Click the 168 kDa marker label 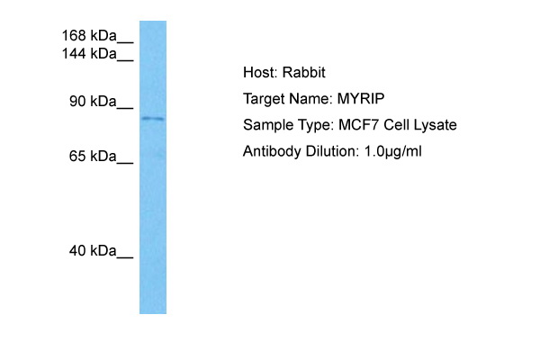(89, 35)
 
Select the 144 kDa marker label (89, 54)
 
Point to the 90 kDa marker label (93, 102)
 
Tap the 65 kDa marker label (93, 157)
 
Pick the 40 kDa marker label (93, 251)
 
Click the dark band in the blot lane (153, 119)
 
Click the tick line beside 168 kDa (125, 42)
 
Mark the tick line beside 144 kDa (125, 61)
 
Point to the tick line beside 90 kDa (125, 109)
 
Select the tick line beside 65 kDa (125, 164)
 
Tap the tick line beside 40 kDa (125, 258)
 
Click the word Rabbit (304, 73)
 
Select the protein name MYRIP (361, 99)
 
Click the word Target (264, 99)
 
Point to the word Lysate (435, 125)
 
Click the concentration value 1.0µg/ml (392, 152)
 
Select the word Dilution (331, 151)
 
